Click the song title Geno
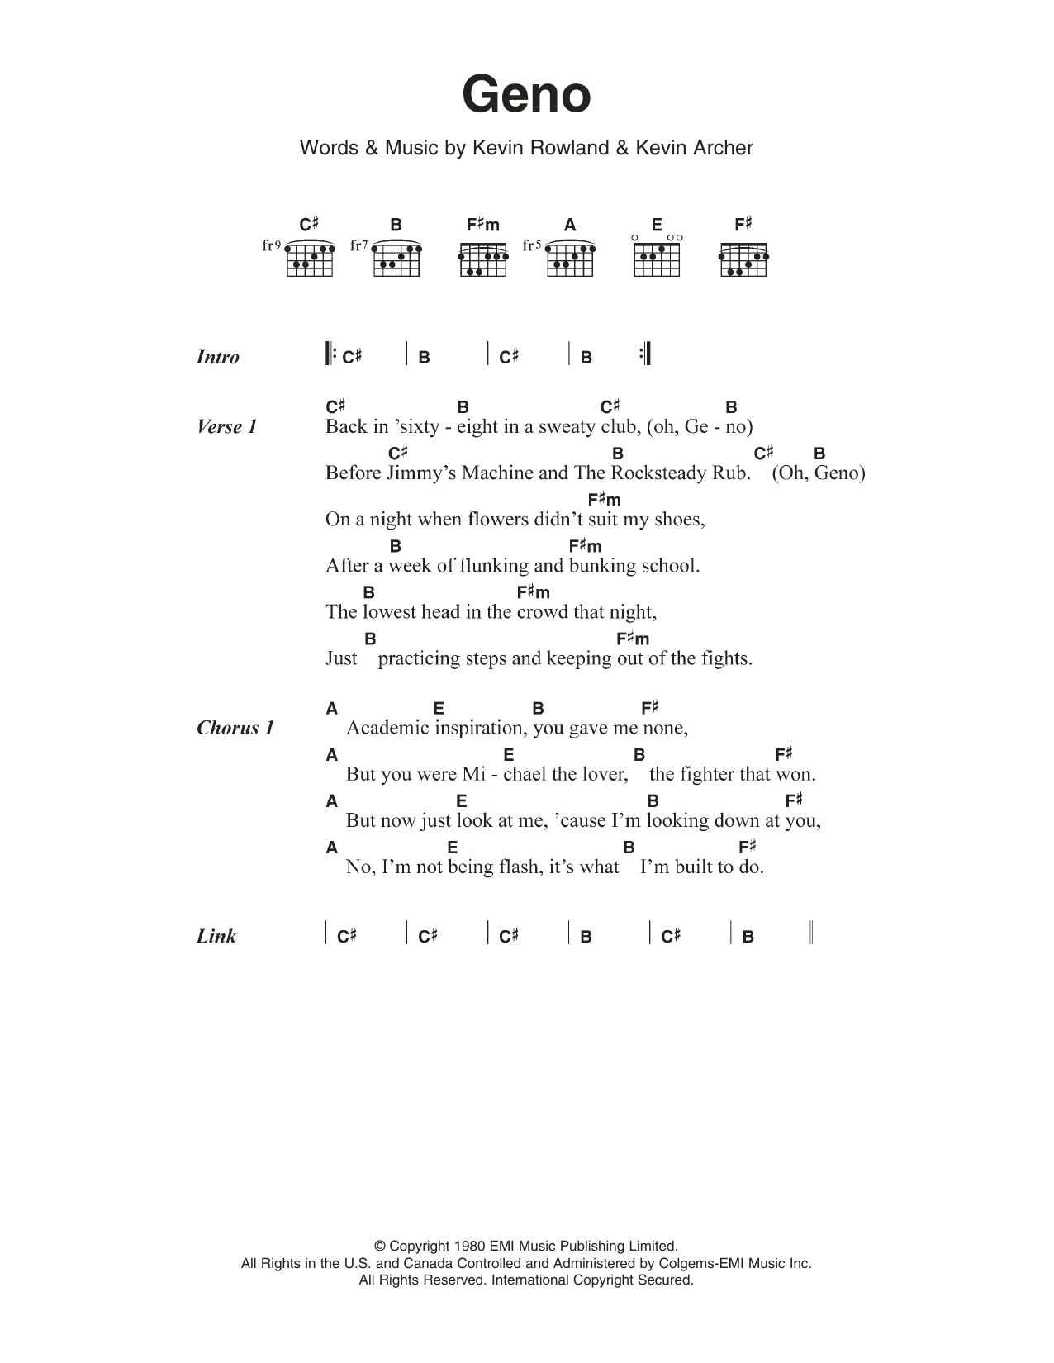click(526, 95)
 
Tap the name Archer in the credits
click(719, 148)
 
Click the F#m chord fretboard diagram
click(483, 259)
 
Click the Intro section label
click(218, 358)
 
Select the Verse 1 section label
click(227, 427)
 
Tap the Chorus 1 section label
click(235, 728)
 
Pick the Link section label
click(216, 937)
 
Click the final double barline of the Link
click(812, 933)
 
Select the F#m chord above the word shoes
click(604, 500)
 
